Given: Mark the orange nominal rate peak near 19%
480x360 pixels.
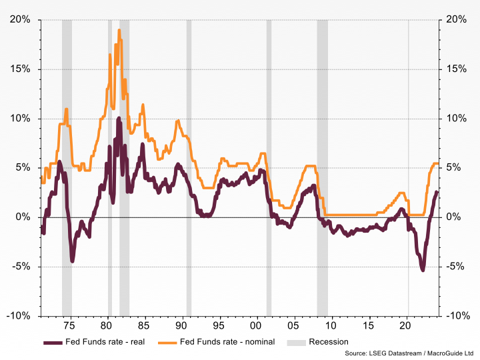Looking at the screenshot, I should tap(119, 30).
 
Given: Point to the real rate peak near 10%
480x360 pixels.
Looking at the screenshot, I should tap(119, 119).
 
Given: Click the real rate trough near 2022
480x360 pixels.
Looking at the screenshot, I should tap(423, 269).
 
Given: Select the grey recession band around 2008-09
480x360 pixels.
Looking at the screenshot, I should tap(322, 167).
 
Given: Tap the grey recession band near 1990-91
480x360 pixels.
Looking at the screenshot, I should tap(189, 167).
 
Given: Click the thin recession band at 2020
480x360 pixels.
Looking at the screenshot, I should tap(409, 167).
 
